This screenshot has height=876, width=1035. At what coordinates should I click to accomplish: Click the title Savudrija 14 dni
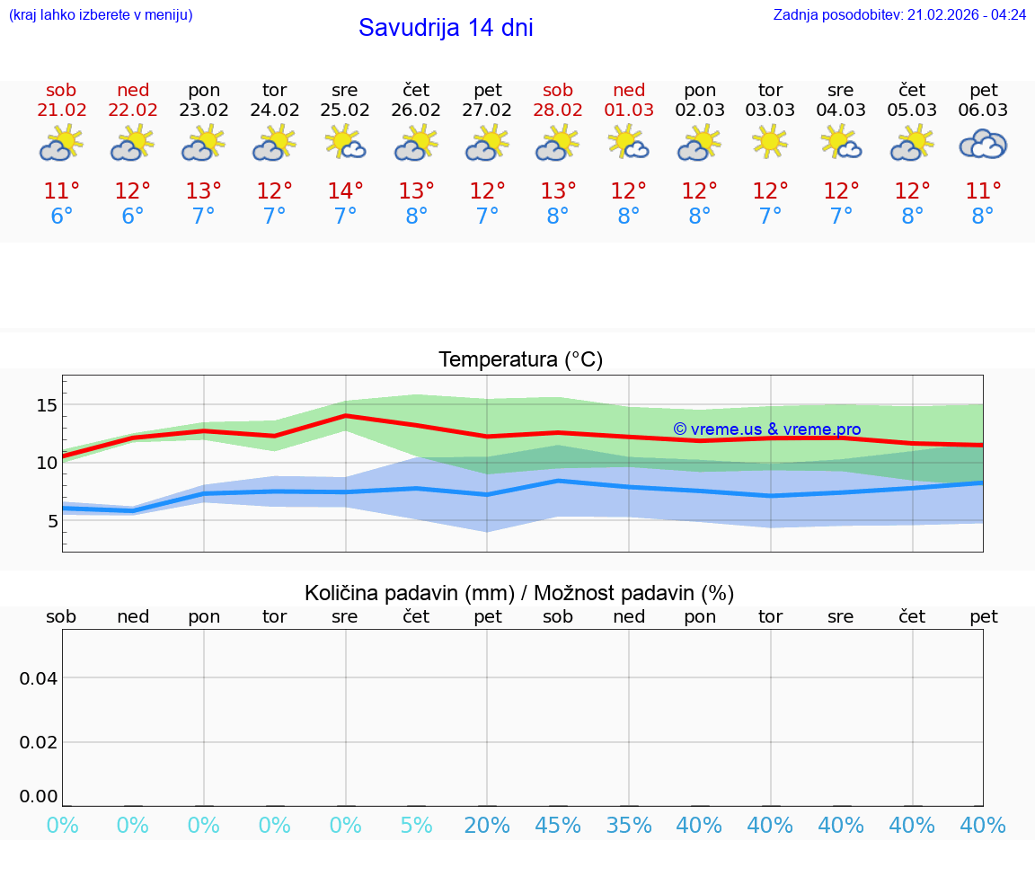pyautogui.click(x=446, y=28)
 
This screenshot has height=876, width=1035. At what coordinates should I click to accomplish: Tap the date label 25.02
pyautogui.click(x=345, y=111)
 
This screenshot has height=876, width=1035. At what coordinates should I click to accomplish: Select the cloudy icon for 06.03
pyautogui.click(x=983, y=144)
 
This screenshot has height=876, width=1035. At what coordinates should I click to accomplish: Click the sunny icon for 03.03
pyautogui.click(x=770, y=142)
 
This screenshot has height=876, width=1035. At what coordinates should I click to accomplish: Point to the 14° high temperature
pyautogui.click(x=345, y=191)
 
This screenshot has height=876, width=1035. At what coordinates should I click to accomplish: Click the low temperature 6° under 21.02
pyautogui.click(x=61, y=217)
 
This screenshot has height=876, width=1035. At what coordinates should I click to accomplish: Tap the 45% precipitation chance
pyautogui.click(x=558, y=826)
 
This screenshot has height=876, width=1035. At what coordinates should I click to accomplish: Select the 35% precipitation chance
pyautogui.click(x=629, y=826)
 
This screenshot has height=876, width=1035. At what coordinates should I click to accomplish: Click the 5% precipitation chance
pyautogui.click(x=416, y=826)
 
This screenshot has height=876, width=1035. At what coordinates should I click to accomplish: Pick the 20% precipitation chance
pyautogui.click(x=487, y=826)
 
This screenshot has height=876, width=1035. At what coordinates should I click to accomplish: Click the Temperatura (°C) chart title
pyautogui.click(x=520, y=360)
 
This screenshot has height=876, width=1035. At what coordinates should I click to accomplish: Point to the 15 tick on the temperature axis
pyautogui.click(x=46, y=405)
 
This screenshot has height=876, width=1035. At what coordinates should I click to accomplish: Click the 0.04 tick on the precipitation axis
pyautogui.click(x=38, y=678)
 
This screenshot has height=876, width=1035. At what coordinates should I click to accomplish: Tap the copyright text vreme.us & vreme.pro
pyautogui.click(x=767, y=429)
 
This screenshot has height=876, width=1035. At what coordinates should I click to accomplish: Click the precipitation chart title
pyautogui.click(x=519, y=593)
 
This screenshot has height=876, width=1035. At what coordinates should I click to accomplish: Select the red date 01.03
pyautogui.click(x=629, y=111)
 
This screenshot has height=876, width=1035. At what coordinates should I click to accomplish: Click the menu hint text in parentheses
pyautogui.click(x=101, y=15)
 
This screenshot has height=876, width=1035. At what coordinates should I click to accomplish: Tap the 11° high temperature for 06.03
pyautogui.click(x=983, y=191)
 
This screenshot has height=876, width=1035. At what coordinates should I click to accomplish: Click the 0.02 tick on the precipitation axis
pyautogui.click(x=38, y=742)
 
